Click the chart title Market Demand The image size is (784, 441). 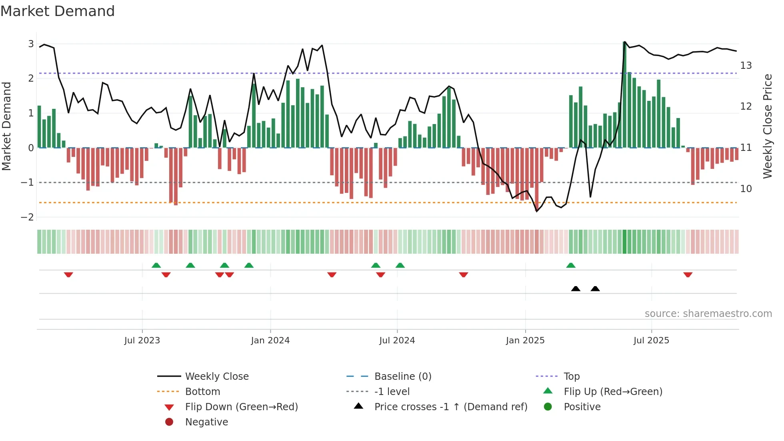click(x=58, y=11)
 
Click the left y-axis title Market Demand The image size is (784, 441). click(x=7, y=126)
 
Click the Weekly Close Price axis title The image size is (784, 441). click(x=767, y=126)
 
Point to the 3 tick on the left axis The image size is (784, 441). click(x=31, y=44)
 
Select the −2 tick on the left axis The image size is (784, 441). click(x=28, y=217)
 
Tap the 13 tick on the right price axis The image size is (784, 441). click(x=746, y=65)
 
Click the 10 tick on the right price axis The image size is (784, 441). click(x=746, y=188)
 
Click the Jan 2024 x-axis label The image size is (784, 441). click(x=270, y=341)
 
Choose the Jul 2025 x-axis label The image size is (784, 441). click(x=651, y=341)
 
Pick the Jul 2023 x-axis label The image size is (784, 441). click(x=142, y=341)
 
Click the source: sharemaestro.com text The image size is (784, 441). click(x=708, y=313)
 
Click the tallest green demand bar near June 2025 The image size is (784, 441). click(x=624, y=96)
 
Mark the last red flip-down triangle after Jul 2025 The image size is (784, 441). click(x=688, y=275)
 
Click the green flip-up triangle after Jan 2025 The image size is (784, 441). click(x=571, y=265)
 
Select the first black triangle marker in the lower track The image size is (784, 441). click(x=576, y=289)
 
